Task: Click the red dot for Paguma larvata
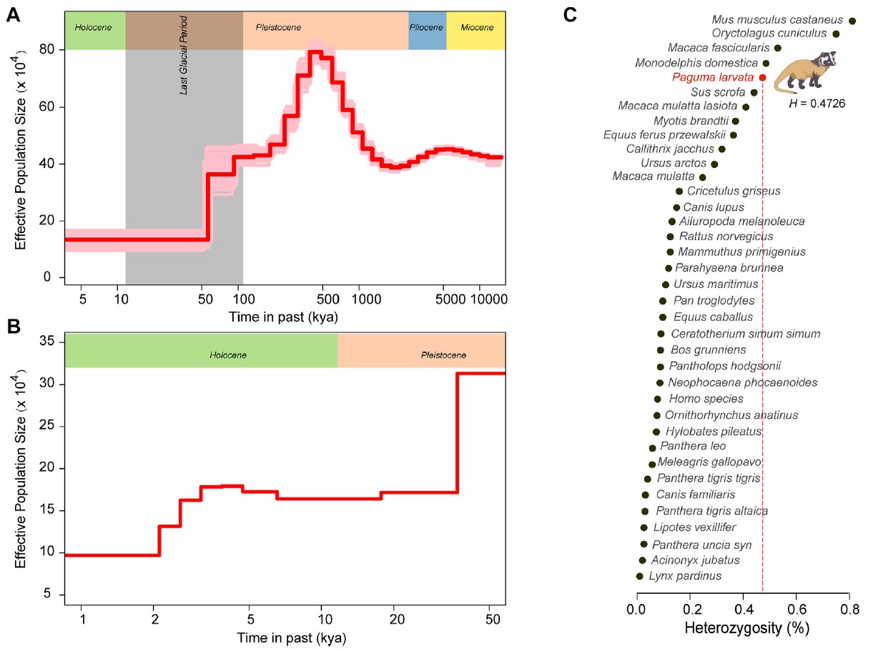click(x=763, y=78)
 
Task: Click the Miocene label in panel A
click(x=475, y=28)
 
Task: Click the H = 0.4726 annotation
click(x=817, y=104)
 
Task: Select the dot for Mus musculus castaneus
click(x=852, y=21)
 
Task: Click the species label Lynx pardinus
click(x=684, y=576)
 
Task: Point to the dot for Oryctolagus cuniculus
click(x=836, y=34)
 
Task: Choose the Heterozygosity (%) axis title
click(x=742, y=630)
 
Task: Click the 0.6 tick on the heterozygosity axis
click(x=796, y=610)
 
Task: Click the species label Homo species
click(x=706, y=399)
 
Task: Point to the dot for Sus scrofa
click(x=754, y=92)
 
